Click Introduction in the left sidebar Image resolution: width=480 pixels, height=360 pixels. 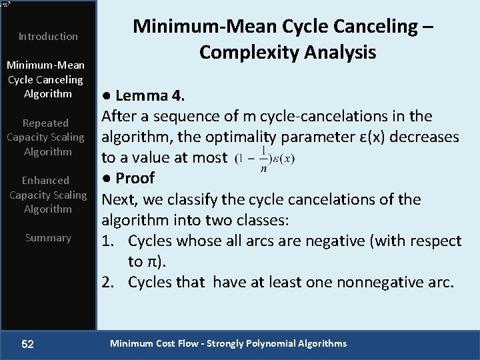[48, 36]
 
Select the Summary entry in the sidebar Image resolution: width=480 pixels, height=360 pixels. [48, 238]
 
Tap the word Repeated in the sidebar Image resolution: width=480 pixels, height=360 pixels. [45, 123]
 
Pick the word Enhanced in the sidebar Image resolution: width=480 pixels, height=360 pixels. [45, 181]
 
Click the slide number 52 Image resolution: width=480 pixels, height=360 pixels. [28, 344]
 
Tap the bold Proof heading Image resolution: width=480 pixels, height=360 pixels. [135, 178]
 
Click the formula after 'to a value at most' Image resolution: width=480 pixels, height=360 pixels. [265, 158]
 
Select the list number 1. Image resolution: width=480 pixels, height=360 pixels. [109, 241]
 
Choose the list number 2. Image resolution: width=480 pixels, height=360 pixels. [109, 282]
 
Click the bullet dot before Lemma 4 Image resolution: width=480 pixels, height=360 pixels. [105, 96]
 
